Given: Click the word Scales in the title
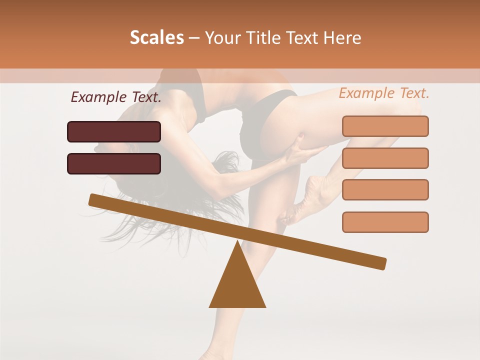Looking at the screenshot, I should tap(156, 38).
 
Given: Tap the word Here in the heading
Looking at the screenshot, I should tap(342, 38).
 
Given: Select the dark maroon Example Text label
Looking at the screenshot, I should tap(116, 97).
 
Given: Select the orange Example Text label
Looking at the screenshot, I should tap(384, 93).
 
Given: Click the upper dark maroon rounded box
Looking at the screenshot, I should tap(114, 131).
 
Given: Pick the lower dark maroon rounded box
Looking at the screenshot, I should tap(114, 163).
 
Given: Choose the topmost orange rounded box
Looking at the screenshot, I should tap(385, 126).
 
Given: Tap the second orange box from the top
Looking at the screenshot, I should tap(385, 158).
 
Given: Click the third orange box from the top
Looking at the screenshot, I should tap(385, 190).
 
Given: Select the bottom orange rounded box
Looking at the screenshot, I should tap(385, 222).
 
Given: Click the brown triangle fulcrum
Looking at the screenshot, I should tap(237, 285).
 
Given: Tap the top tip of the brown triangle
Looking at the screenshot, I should tap(238, 242).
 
